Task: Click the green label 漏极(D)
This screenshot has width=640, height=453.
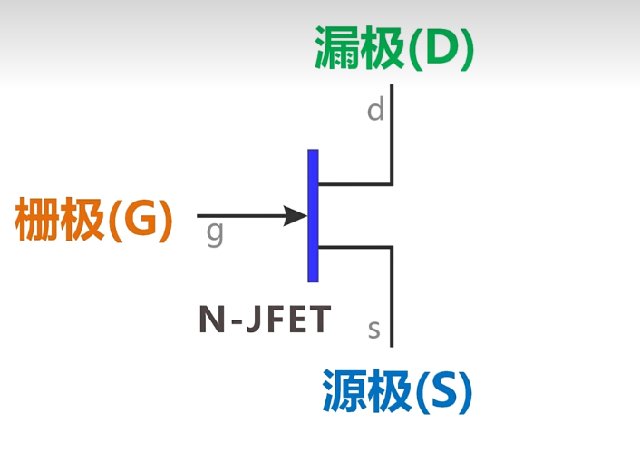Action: point(394,50)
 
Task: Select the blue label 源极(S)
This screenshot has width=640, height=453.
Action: point(397,393)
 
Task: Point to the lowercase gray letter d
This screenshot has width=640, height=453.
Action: point(375,111)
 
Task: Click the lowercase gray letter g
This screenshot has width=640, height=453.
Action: point(215,233)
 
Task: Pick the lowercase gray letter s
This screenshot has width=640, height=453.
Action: point(373,328)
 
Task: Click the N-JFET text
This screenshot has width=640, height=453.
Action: point(265,320)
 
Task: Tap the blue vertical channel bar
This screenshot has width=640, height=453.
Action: point(313,215)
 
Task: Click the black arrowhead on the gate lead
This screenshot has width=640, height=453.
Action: point(296,216)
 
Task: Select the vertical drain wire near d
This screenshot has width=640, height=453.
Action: point(392,136)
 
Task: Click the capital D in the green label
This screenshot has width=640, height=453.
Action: point(441,50)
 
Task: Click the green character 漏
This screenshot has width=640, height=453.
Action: point(335,49)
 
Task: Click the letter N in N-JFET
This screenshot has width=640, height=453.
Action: point(209,320)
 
